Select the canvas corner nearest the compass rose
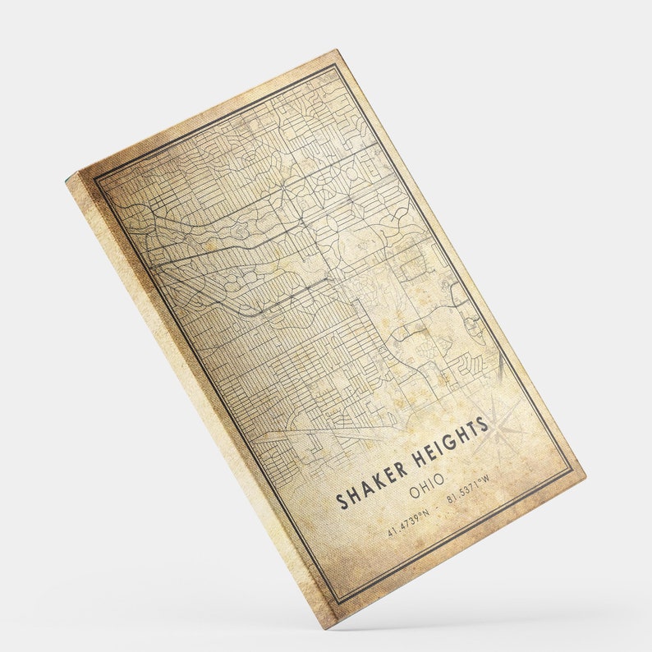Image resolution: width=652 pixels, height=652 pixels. (x=585, y=474)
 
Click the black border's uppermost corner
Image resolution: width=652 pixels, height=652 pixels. (x=335, y=65)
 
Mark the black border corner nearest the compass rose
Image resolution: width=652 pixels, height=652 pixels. (x=572, y=471)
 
